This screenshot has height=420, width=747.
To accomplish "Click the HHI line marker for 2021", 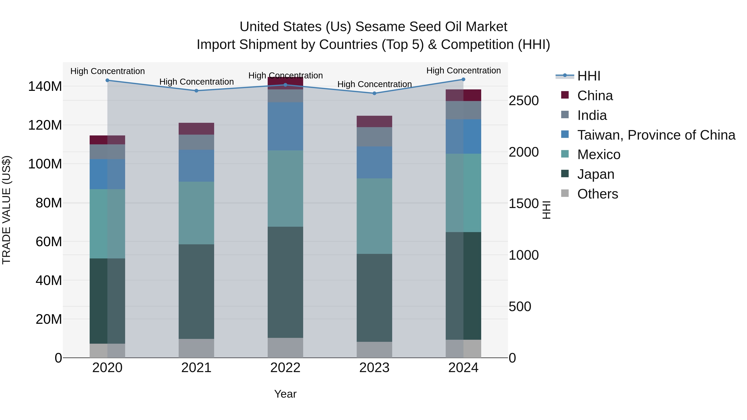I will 196,91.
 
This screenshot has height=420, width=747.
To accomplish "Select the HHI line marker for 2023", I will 374,93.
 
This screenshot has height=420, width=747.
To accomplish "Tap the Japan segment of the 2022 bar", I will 285,282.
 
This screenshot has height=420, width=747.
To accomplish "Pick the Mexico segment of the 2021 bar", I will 196,213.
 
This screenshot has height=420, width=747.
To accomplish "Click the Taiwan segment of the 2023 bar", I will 374,162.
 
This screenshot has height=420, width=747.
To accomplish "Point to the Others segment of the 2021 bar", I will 196,348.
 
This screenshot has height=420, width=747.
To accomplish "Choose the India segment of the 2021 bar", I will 196,142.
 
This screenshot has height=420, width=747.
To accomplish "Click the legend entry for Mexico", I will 598,155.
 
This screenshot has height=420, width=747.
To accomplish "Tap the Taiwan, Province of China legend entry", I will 656,135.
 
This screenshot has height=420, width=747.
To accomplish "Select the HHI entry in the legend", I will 588,76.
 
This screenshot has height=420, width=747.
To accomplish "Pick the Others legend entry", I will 597,194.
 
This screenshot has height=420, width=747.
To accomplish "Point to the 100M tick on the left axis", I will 45,164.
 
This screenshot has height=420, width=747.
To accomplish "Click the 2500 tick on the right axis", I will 524,101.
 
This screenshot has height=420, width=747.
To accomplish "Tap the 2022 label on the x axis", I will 285,368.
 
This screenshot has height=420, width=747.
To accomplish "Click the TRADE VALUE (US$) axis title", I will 6,210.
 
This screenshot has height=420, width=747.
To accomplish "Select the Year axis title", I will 285,394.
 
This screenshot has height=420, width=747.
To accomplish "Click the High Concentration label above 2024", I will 463,71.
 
